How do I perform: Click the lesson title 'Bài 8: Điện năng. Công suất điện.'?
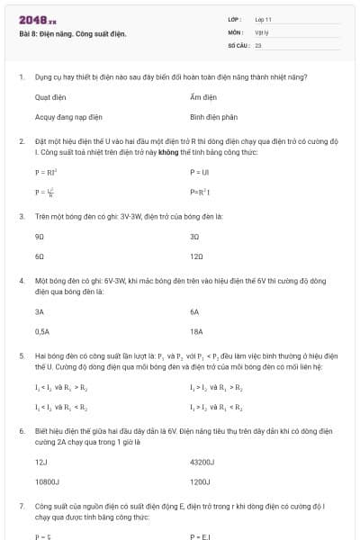(73, 34)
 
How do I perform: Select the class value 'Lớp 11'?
(264, 18)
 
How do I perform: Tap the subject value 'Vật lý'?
(262, 31)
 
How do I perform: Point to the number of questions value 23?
(258, 43)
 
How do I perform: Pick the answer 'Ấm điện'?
(203, 96)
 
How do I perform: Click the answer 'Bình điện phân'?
(213, 117)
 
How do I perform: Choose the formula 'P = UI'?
(199, 171)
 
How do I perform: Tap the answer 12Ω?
(197, 256)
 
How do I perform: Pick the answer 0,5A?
(42, 331)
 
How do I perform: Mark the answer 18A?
(197, 331)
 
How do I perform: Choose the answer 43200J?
(202, 462)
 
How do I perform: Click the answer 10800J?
(47, 481)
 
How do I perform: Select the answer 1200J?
(200, 481)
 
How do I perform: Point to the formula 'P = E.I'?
(200, 536)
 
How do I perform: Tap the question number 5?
(22, 356)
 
